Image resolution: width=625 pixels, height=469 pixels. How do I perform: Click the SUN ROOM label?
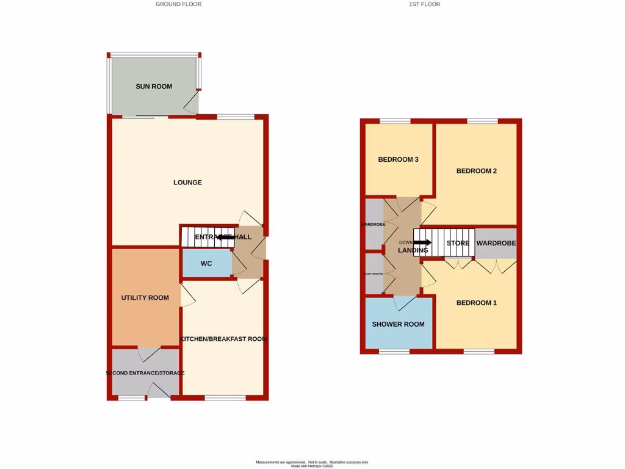click(154, 87)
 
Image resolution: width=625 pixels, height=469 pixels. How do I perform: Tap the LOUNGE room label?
click(187, 183)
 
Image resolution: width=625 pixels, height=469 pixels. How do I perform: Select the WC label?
click(206, 264)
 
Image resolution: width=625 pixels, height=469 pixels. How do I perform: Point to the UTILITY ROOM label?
click(145, 298)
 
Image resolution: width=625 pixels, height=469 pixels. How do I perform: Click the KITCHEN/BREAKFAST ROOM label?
click(223, 339)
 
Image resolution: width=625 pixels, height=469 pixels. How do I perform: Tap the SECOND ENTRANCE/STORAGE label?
click(145, 373)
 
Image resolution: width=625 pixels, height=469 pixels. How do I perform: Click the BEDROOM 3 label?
click(398, 160)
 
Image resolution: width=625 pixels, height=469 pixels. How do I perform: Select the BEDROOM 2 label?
click(477, 172)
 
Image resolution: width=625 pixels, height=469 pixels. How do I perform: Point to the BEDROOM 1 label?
click(477, 303)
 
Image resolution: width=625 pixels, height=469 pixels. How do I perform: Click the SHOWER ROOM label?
click(399, 324)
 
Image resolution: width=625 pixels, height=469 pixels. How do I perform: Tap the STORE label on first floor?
click(458, 244)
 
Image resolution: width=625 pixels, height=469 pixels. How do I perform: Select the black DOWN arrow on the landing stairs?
click(422, 242)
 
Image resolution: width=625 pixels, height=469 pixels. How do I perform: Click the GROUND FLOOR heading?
click(178, 4)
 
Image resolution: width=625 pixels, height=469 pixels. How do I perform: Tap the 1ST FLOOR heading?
click(425, 4)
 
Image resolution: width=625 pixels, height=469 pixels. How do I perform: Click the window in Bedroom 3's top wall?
click(395, 121)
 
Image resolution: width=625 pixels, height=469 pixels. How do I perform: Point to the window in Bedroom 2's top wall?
click(482, 121)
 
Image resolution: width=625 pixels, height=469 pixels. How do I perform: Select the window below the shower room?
click(394, 352)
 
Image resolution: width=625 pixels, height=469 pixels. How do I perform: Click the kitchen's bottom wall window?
click(225, 398)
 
